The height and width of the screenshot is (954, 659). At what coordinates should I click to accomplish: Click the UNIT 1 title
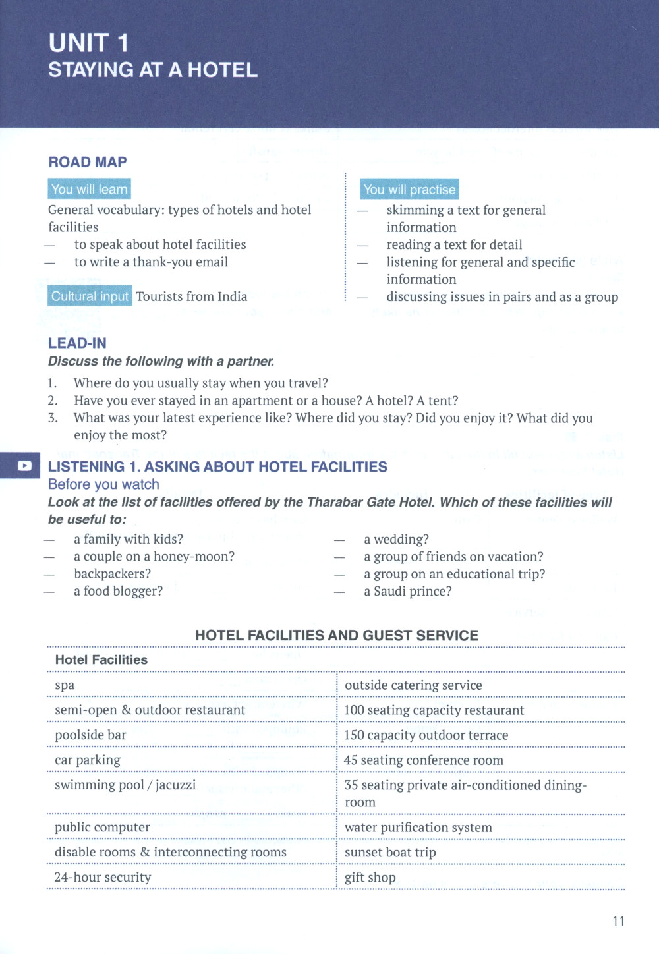(89, 43)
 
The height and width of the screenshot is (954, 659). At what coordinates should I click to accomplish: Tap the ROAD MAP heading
(88, 162)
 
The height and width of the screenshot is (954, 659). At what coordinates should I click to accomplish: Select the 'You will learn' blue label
(89, 189)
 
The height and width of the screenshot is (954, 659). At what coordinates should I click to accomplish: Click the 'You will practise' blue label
(409, 190)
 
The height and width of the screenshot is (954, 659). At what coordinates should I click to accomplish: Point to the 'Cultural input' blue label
(90, 296)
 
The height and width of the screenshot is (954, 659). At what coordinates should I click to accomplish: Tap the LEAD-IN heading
(77, 343)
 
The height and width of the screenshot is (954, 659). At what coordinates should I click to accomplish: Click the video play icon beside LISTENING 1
(24, 466)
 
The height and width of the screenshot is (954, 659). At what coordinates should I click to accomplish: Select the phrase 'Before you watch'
(103, 484)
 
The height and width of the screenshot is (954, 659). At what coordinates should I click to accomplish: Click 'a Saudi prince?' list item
(407, 591)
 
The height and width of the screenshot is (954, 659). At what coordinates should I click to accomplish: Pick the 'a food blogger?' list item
(118, 591)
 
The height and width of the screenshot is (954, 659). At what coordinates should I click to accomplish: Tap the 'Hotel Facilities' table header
(101, 659)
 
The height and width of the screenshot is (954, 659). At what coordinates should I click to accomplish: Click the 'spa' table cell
(65, 685)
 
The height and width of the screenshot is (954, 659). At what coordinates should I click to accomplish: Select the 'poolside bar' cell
(90, 735)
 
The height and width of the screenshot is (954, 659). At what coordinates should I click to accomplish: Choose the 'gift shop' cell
(370, 878)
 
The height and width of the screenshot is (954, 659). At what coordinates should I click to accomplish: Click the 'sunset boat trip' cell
(390, 853)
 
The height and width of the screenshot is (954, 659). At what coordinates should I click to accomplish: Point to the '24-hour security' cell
(102, 878)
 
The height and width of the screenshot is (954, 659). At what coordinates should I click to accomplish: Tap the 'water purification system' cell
(418, 828)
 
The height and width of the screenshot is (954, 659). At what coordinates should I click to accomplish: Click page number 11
(618, 921)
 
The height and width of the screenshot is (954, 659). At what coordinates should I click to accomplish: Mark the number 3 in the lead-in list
(53, 418)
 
